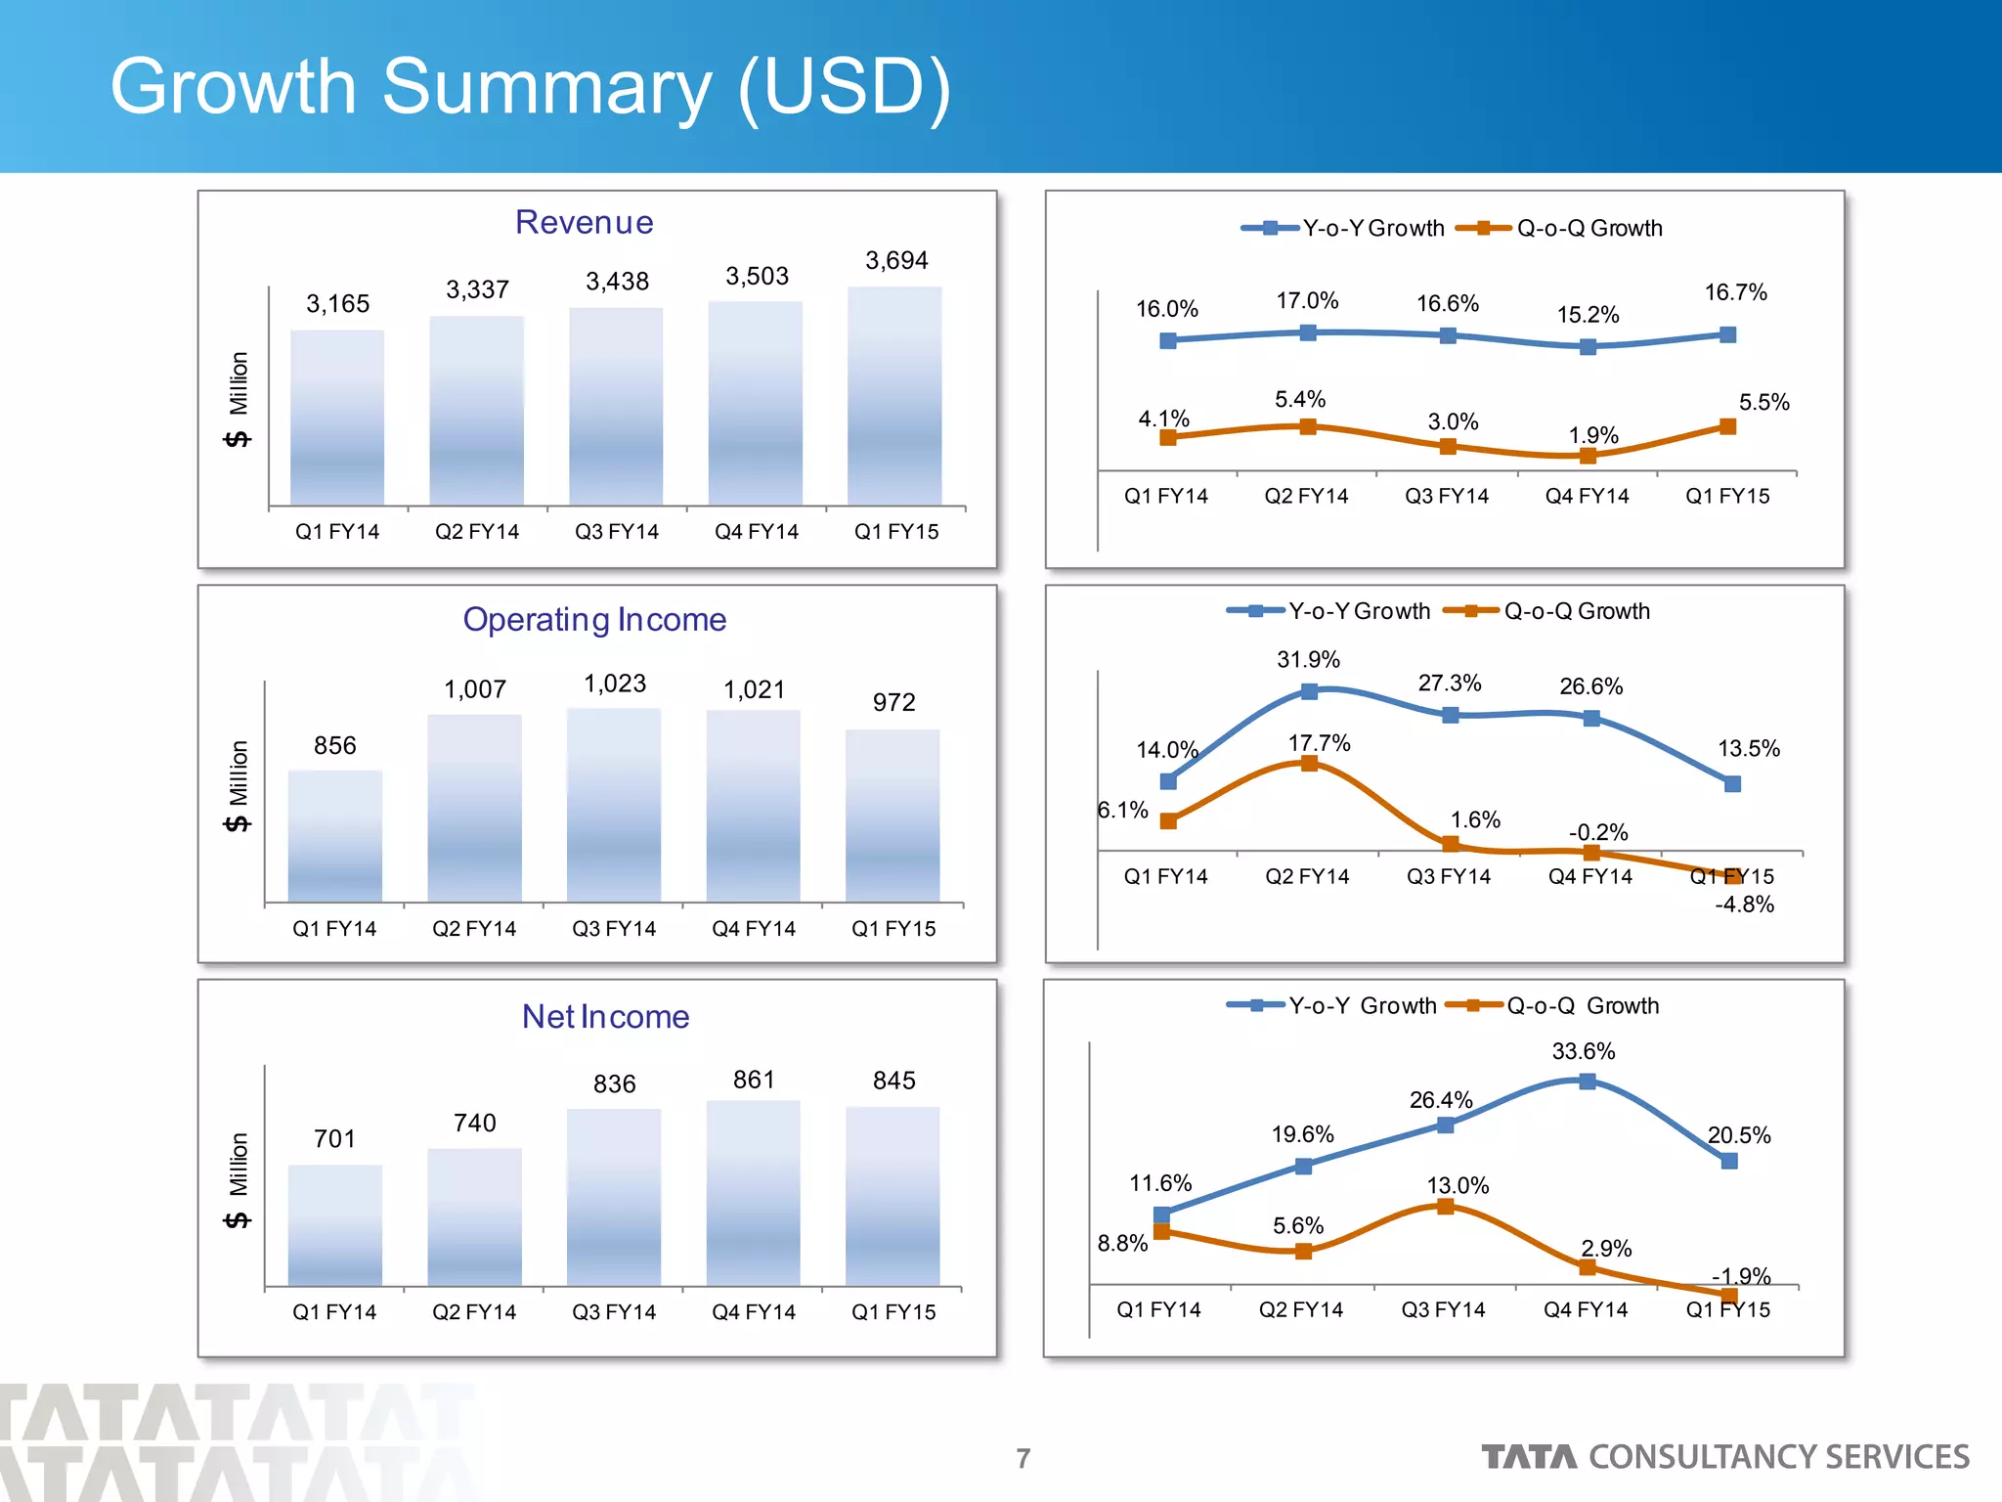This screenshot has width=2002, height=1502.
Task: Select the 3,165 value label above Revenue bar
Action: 338,304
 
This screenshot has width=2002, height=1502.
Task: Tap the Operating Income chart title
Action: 594,620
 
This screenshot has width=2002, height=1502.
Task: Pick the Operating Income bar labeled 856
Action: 335,836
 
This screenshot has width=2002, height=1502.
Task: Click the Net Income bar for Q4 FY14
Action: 754,1193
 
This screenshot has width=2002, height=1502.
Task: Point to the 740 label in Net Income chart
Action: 475,1123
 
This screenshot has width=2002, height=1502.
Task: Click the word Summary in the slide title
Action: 547,88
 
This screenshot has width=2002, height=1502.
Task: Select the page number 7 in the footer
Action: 1023,1458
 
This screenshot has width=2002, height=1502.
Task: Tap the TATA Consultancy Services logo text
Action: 1725,1457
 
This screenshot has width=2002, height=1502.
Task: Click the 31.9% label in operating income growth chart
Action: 1308,660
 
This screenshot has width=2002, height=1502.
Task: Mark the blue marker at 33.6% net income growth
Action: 1588,1082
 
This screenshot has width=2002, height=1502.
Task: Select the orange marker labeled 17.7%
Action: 1309,763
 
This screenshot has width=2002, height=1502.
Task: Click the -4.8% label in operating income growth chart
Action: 1745,905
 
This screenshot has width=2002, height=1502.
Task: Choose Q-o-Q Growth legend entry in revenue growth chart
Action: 1589,229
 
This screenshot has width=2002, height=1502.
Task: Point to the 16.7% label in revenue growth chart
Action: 1735,292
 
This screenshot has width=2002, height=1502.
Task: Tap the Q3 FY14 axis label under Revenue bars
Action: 617,532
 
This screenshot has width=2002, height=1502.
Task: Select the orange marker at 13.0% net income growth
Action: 1446,1207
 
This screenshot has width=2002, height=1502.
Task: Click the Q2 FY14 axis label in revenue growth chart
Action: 1306,497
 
